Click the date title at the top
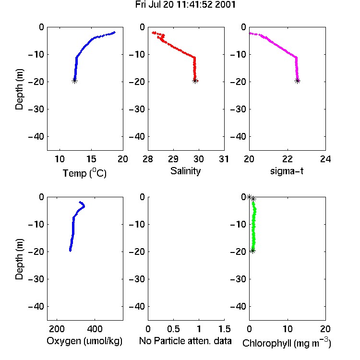[x=185, y=5]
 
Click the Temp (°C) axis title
[x=84, y=173]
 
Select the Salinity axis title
[x=185, y=171]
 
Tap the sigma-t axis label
[x=287, y=171]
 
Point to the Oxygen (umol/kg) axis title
[x=84, y=341]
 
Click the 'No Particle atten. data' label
[x=185, y=341]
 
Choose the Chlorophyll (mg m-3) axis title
[x=287, y=343]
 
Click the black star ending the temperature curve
[x=74, y=81]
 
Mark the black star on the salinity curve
[x=195, y=81]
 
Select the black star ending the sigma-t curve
[x=297, y=81]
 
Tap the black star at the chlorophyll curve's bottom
[x=252, y=251]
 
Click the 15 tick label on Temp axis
[x=91, y=159]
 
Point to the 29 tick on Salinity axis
[x=173, y=159]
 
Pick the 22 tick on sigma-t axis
[x=288, y=159]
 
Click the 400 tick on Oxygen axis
[x=95, y=329]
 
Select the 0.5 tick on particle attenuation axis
[x=173, y=329]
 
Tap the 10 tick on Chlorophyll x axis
[x=288, y=329]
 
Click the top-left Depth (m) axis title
[x=19, y=89]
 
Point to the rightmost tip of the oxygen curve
[x=84, y=206]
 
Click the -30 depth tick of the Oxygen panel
[x=36, y=279]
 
